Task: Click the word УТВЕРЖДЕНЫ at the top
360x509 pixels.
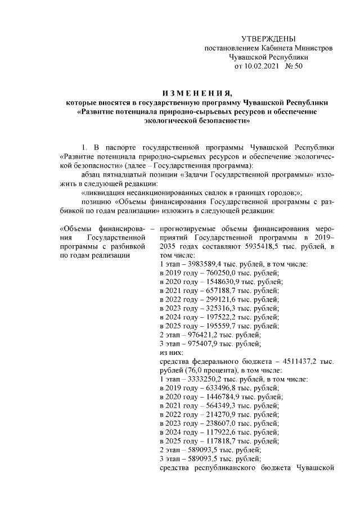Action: point(268,39)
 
